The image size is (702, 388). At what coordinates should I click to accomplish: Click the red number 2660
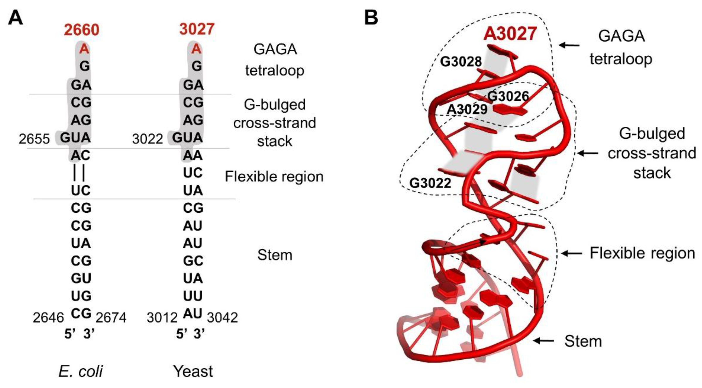point(81,30)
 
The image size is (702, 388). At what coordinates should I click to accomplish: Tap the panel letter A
point(15,19)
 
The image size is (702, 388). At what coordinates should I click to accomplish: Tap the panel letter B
point(371,17)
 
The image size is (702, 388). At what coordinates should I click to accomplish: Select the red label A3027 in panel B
point(510,34)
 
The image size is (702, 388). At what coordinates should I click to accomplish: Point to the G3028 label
point(461,62)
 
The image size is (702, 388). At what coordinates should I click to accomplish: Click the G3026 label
point(508,96)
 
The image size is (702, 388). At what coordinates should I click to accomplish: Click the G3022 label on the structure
point(430,183)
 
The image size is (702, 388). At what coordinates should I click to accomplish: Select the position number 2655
point(34,139)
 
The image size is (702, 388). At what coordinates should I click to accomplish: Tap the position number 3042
point(222,318)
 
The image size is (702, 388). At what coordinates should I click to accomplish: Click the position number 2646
point(48,318)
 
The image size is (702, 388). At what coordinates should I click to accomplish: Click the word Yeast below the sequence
point(193,371)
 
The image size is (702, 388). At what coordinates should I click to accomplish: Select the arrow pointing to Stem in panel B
point(543,341)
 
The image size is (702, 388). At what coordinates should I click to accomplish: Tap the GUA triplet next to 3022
point(187,138)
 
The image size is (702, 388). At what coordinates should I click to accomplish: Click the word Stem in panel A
point(275,255)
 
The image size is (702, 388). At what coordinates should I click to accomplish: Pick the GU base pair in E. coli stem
point(81,278)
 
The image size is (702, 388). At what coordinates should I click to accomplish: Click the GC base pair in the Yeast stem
point(193,261)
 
